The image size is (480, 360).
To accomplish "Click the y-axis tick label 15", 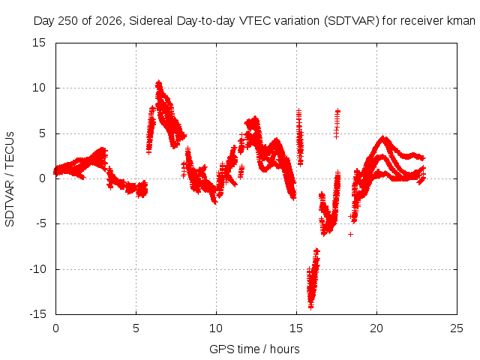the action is click(x=39, y=43).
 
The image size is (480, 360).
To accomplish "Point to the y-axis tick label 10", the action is click(x=39, y=88).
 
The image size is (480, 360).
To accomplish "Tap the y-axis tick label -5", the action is click(x=41, y=223).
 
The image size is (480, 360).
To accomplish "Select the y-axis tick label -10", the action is click(x=37, y=269).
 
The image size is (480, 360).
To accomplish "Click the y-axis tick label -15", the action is click(x=37, y=314).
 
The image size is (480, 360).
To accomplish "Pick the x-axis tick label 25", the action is click(x=457, y=328).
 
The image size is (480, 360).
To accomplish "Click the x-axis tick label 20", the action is click(x=376, y=328).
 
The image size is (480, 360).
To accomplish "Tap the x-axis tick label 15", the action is click(x=296, y=328).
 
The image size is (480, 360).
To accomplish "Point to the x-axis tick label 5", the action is click(x=136, y=328).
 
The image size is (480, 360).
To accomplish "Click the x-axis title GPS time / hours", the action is click(x=254, y=349).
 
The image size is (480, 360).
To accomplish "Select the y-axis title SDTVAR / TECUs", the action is click(x=10, y=179).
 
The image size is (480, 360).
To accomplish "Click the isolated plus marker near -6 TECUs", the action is click(x=350, y=234).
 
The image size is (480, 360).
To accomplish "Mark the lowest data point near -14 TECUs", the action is click(x=310, y=307).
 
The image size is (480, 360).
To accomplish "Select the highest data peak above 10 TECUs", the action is click(x=158, y=82).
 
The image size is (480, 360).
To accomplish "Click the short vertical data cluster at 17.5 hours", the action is click(x=337, y=124).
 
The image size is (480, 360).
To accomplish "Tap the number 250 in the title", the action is click(x=68, y=21).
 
